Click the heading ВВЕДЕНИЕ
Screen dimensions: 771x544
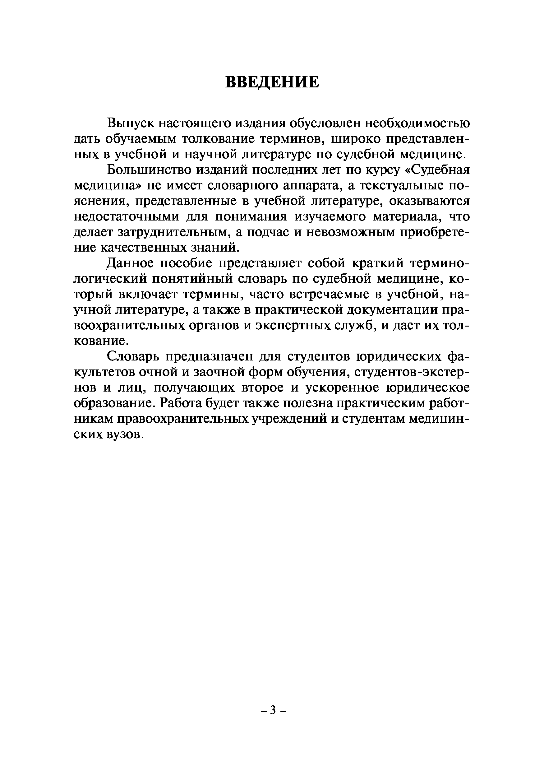tap(272, 82)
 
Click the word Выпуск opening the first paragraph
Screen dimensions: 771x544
tap(131, 124)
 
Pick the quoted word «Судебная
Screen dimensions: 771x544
tap(437, 170)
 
